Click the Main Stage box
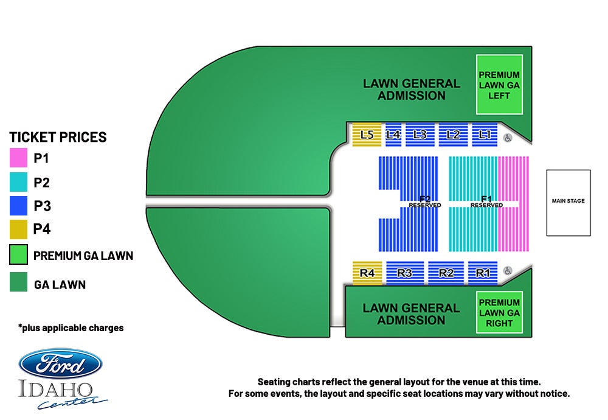coord(568,203)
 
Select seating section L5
coord(367,135)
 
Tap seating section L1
coord(485,135)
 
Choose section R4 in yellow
coord(367,273)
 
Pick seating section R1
coord(483,273)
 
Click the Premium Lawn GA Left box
coord(499,85)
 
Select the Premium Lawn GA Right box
coord(499,312)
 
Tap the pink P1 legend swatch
coord(18,158)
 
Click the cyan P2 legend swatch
coord(18,182)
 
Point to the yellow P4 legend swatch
coord(18,229)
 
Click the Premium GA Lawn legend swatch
coord(18,254)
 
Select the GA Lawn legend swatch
coord(18,282)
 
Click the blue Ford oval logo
coord(60,364)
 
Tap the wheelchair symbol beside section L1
coord(508,138)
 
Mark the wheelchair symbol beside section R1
coord(508,270)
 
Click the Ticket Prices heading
coord(58,138)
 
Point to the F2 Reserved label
coord(425,202)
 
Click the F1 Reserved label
coord(486,202)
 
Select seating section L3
coord(420,135)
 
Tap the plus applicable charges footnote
coord(71,328)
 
